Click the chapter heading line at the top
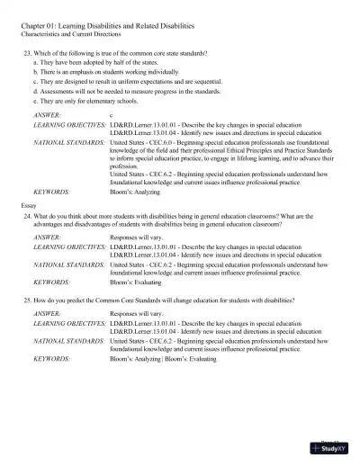tap(112, 28)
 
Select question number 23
tap(28, 54)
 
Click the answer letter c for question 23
tap(111, 116)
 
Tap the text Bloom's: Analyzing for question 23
tap(138, 193)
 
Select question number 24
tap(28, 216)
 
